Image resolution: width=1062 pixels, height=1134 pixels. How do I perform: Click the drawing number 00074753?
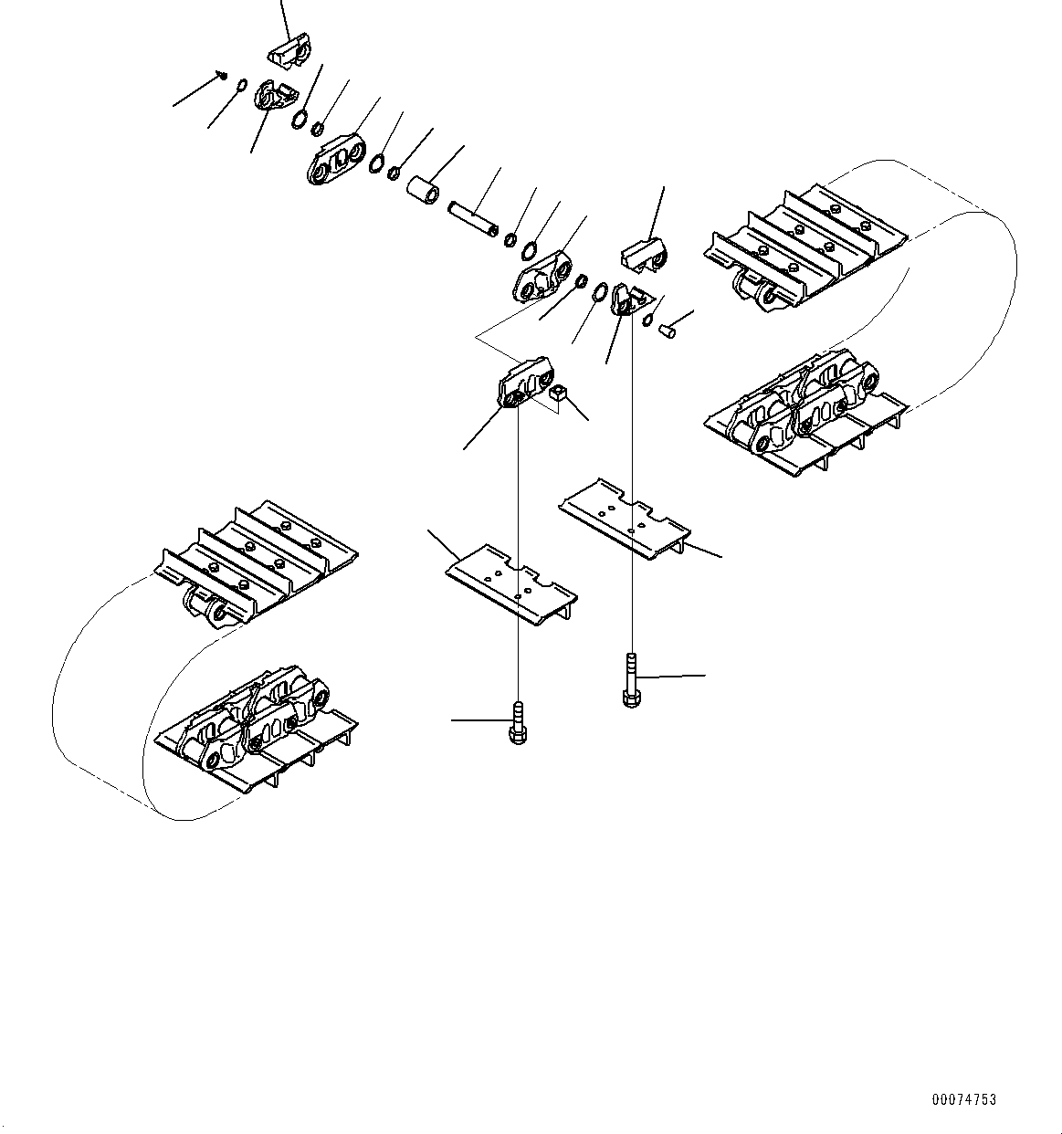tap(964, 1100)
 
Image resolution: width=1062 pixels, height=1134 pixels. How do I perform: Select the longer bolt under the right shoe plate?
tap(630, 680)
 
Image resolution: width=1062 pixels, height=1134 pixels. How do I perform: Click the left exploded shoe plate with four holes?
tap(511, 586)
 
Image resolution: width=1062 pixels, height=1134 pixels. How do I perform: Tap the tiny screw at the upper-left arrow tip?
tap(222, 75)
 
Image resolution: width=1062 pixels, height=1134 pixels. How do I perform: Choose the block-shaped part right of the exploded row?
tap(646, 254)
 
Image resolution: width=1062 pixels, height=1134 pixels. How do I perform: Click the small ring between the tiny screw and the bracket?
tap(240, 86)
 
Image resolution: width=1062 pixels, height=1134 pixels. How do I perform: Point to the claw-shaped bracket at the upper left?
tap(274, 97)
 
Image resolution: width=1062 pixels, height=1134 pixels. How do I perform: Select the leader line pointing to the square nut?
tap(577, 409)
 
